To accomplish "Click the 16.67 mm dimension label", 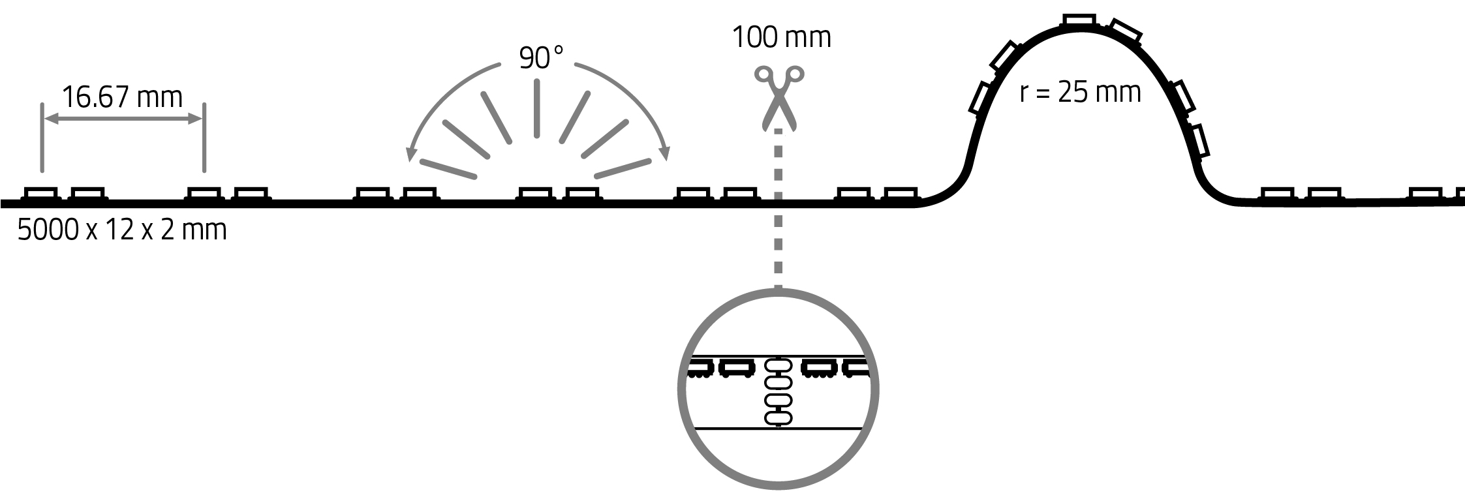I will [122, 97].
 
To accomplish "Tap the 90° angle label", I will [541, 58].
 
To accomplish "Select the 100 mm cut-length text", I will [781, 37].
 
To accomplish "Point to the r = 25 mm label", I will [1080, 93].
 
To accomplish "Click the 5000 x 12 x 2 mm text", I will [122, 230].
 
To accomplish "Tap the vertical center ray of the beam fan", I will [536, 108].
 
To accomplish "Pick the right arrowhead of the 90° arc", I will [664, 154].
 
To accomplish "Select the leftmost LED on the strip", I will [40, 194].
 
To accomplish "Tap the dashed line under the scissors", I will [778, 209].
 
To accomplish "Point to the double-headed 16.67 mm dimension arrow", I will [122, 119].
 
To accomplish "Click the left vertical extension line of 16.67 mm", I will [42, 137].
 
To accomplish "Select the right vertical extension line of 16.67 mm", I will [204, 137].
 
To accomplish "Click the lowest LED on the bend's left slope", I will [981, 98].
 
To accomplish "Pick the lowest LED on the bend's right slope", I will [1199, 141].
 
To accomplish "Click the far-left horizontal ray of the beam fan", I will [448, 168].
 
